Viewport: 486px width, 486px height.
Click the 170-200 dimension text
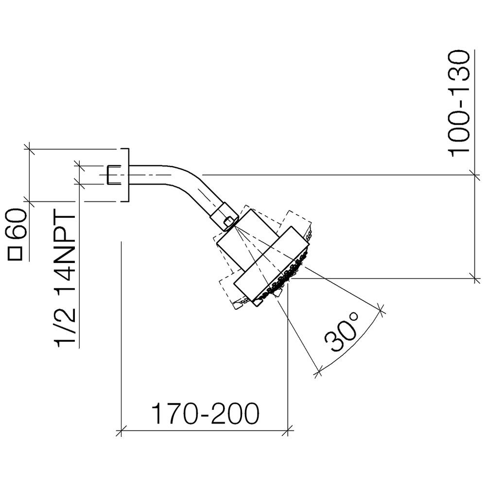click(x=205, y=414)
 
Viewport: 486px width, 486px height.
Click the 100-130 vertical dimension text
click(x=459, y=104)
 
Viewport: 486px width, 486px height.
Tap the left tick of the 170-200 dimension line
click(x=121, y=431)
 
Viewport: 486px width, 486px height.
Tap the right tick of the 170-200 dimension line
click(x=288, y=431)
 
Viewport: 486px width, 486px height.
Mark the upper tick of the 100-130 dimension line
click(x=475, y=175)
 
